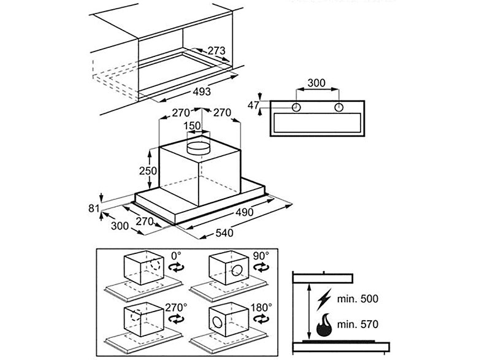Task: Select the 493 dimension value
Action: click(x=197, y=91)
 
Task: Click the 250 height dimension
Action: click(x=148, y=171)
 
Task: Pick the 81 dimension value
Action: click(x=94, y=209)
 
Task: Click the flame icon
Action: click(x=325, y=324)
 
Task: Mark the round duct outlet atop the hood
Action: click(x=198, y=147)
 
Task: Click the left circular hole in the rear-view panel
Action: click(x=297, y=107)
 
